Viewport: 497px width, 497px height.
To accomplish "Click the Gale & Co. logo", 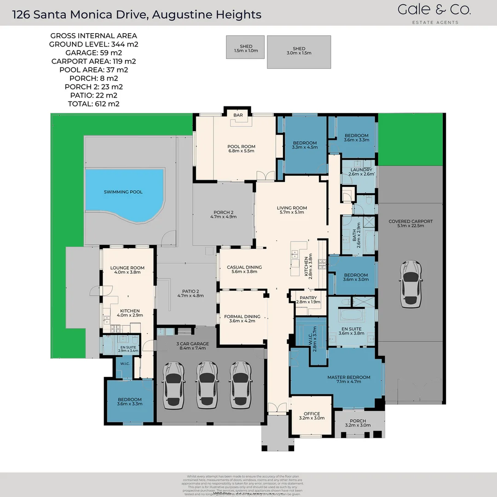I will coord(434,12).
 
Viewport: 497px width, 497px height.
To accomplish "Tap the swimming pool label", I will coord(123,192).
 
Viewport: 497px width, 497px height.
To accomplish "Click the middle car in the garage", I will coord(207,384).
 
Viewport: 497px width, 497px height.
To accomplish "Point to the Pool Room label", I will coord(241,149).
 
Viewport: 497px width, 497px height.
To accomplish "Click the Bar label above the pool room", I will coord(238,115).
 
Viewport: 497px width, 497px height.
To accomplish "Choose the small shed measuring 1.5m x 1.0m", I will coord(246,48).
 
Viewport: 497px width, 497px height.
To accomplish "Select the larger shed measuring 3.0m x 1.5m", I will coord(299,51).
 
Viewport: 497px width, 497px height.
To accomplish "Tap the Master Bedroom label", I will coord(348,380).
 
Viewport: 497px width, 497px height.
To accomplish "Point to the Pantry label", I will coord(308,300).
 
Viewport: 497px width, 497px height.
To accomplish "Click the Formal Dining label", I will coord(242,318).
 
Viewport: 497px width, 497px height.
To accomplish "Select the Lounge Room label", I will coord(127,270).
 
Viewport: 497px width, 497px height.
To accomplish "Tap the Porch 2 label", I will coord(223,214).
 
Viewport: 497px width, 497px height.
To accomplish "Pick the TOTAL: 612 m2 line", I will coord(93,104).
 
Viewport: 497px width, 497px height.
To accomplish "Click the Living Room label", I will coord(292,210).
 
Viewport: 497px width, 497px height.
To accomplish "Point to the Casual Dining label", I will coord(244,269).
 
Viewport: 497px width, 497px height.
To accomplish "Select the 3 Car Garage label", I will coord(192,346).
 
